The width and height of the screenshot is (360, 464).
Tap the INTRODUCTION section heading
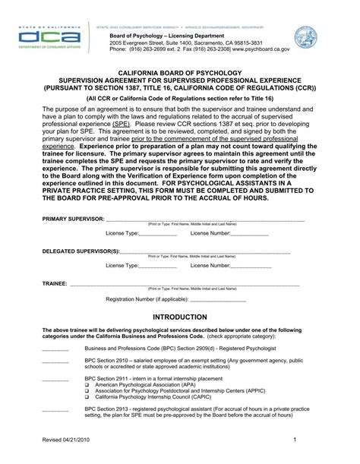coord(180,316)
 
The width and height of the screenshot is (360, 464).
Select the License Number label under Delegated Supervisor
coord(210,266)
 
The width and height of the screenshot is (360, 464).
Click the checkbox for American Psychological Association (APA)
coord(87,384)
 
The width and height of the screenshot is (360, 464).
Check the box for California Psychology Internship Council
coord(87,396)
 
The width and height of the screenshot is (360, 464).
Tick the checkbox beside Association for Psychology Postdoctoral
coord(87,390)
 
